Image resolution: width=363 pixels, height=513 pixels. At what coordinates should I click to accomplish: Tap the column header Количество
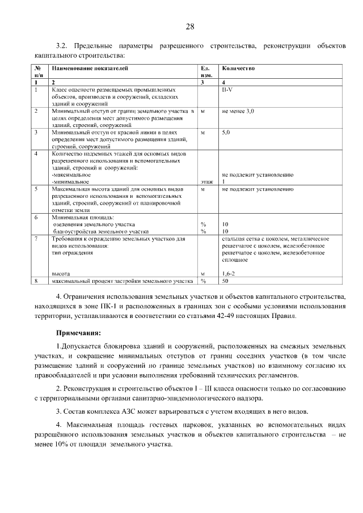(238, 68)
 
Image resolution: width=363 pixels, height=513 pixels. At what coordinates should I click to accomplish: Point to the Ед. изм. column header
(206, 71)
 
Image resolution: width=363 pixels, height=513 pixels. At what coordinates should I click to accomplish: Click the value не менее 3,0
(238, 112)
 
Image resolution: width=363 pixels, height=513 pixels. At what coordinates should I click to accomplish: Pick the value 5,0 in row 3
(226, 132)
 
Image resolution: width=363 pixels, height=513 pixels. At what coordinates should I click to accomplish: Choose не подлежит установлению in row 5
(258, 188)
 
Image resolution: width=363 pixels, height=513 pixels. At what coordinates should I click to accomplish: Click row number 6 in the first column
(37, 217)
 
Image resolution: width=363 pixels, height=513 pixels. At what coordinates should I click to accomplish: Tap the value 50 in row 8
(225, 281)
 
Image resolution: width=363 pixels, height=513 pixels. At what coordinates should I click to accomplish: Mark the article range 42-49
(245, 316)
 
